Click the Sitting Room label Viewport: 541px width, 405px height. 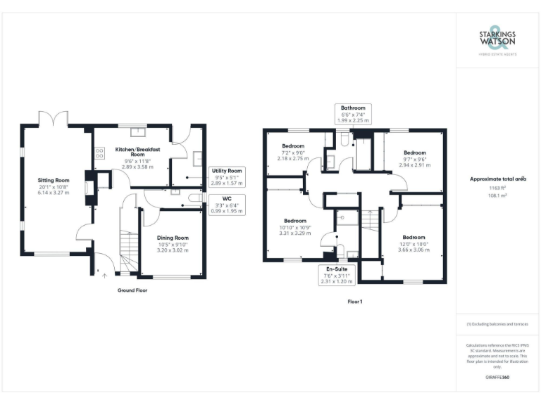(51, 186)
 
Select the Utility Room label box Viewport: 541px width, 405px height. (227, 176)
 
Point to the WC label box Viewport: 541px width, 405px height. (226, 203)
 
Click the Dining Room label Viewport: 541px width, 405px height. (173, 243)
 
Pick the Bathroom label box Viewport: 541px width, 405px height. (354, 115)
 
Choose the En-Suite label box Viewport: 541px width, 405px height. (336, 275)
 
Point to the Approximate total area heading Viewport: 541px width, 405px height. (498, 179)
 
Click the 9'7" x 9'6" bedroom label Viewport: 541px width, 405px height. (414, 158)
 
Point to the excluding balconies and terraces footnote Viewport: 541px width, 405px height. (497, 323)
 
